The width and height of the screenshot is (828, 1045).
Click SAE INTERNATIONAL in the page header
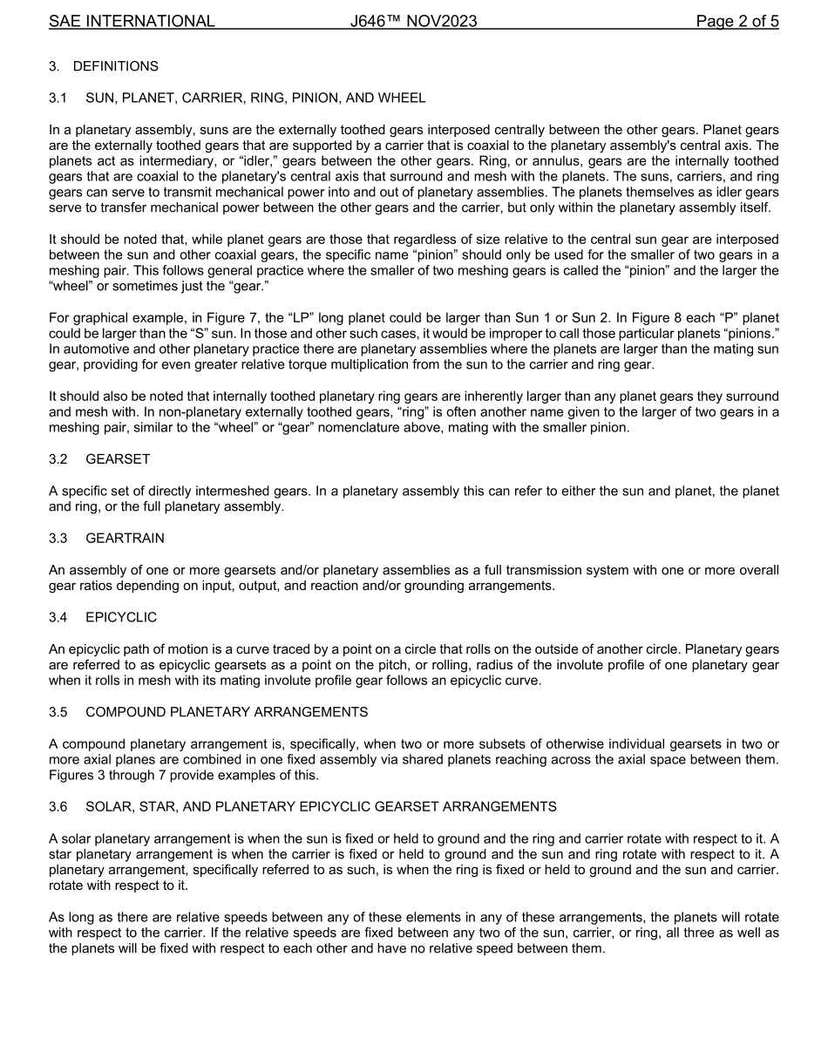pyautogui.click(x=132, y=21)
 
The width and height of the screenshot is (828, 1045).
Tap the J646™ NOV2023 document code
pyautogui.click(x=413, y=21)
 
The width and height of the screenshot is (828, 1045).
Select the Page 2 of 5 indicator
pyautogui.click(x=737, y=21)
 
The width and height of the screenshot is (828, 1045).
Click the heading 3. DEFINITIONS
pyautogui.click(x=104, y=66)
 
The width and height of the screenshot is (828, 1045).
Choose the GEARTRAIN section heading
pyautogui.click(x=125, y=539)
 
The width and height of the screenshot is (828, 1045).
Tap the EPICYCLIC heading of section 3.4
pyautogui.click(x=121, y=617)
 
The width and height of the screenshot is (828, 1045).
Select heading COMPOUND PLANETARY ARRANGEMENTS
pyautogui.click(x=227, y=712)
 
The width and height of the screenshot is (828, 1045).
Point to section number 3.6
pyautogui.click(x=59, y=807)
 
